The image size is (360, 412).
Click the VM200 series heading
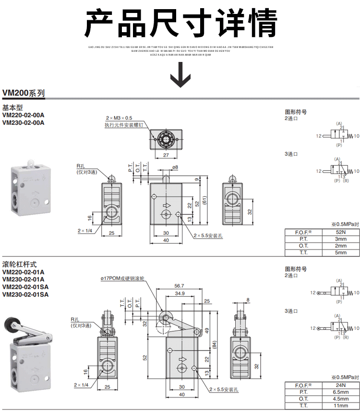point(24,93)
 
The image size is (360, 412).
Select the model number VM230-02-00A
point(23,122)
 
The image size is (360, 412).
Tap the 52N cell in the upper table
point(340,232)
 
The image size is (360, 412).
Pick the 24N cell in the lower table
point(340,385)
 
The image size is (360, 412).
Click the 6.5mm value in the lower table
point(340,392)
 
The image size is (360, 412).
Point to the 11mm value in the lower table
point(340,405)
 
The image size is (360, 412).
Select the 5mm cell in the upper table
point(340,252)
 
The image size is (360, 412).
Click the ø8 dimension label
point(175,167)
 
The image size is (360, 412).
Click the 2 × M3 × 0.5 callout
point(119,118)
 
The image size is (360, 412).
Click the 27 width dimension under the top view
point(166,155)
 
